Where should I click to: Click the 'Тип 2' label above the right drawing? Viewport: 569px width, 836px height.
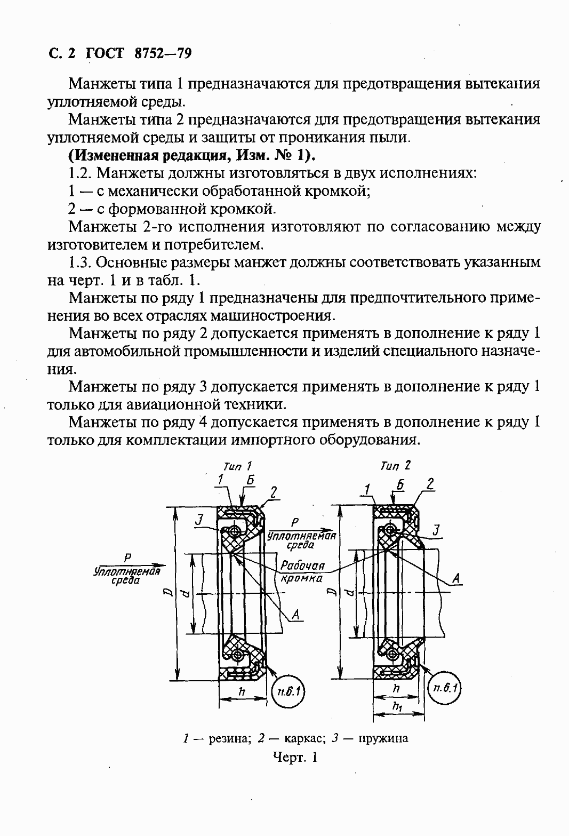395,466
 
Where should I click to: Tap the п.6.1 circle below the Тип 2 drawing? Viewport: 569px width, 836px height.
445,688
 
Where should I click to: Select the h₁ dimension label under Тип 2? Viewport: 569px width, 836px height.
397,706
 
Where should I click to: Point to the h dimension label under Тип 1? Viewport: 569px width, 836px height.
242,691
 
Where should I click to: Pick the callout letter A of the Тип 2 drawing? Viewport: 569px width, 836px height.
456,578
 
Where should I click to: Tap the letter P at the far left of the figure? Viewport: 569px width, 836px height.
127,558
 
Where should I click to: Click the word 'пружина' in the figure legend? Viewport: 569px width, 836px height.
383,738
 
